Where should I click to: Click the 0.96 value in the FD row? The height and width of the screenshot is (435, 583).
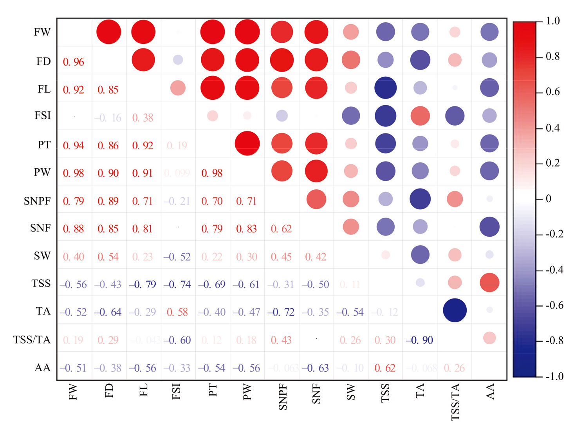[74, 62]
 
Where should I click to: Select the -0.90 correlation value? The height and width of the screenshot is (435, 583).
[419, 340]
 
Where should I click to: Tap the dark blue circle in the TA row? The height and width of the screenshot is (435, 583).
[455, 310]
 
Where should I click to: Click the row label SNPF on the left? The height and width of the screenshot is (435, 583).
[37, 201]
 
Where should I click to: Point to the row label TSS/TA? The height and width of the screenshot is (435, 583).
[32, 340]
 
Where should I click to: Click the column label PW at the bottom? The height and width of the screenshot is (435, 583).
[247, 392]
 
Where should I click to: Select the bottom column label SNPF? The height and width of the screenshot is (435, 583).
[282, 397]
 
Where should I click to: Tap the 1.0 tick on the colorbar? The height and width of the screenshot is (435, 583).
[553, 21]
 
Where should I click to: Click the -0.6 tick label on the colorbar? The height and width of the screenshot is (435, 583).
[555, 305]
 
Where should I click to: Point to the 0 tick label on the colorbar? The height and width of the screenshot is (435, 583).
[549, 198]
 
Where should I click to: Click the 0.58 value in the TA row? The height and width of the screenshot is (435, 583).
[177, 312]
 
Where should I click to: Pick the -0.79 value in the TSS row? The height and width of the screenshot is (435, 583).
[143, 284]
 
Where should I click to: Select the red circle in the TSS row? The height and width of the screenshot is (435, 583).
[489, 282]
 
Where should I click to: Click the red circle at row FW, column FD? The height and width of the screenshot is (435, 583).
[108, 32]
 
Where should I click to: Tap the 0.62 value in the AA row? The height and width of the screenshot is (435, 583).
[385, 368]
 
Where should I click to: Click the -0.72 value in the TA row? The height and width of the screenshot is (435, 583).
[281, 312]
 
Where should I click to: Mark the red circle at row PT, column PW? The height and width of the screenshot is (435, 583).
[247, 144]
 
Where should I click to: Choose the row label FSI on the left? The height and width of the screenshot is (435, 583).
[43, 115]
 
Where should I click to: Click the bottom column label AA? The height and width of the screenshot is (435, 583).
[490, 391]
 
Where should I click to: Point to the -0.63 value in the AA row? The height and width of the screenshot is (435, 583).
[315, 368]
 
